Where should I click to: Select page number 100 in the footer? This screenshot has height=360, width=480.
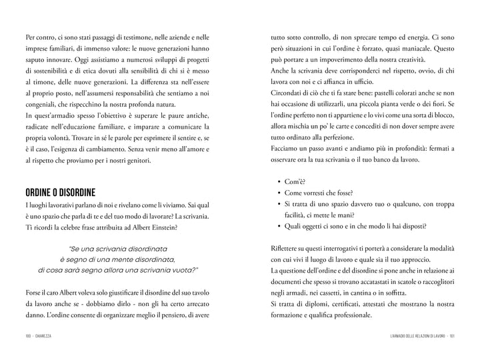[x=25, y=336]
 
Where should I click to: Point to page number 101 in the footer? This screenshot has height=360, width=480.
[x=452, y=336]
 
